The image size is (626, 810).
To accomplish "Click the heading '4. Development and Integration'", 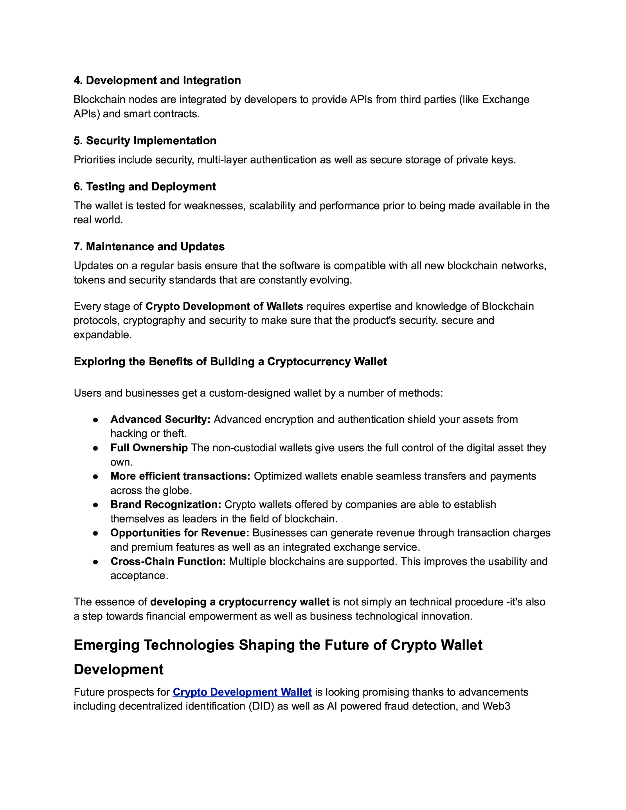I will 157,80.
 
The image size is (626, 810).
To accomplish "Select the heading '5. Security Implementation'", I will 145,140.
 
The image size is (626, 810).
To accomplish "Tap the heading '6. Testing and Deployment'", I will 145,187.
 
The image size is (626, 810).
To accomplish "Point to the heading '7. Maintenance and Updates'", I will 149,246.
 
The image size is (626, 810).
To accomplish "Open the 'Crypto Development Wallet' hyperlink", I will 242,692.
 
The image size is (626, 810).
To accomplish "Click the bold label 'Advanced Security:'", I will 160,419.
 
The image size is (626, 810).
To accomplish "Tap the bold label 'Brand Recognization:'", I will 166,504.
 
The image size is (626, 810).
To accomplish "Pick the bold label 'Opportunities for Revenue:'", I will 180,533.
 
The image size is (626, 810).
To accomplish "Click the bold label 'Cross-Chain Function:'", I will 168,561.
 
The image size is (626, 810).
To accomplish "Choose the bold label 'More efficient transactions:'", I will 180,476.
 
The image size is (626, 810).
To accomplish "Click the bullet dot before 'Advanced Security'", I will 95,420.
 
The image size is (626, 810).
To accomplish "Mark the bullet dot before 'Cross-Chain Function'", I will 95,562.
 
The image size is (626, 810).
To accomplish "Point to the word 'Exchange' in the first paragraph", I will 505,99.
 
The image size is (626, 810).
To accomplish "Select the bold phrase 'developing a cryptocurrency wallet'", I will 240,602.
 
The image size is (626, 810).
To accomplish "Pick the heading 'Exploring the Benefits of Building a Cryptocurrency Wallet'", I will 230,361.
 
